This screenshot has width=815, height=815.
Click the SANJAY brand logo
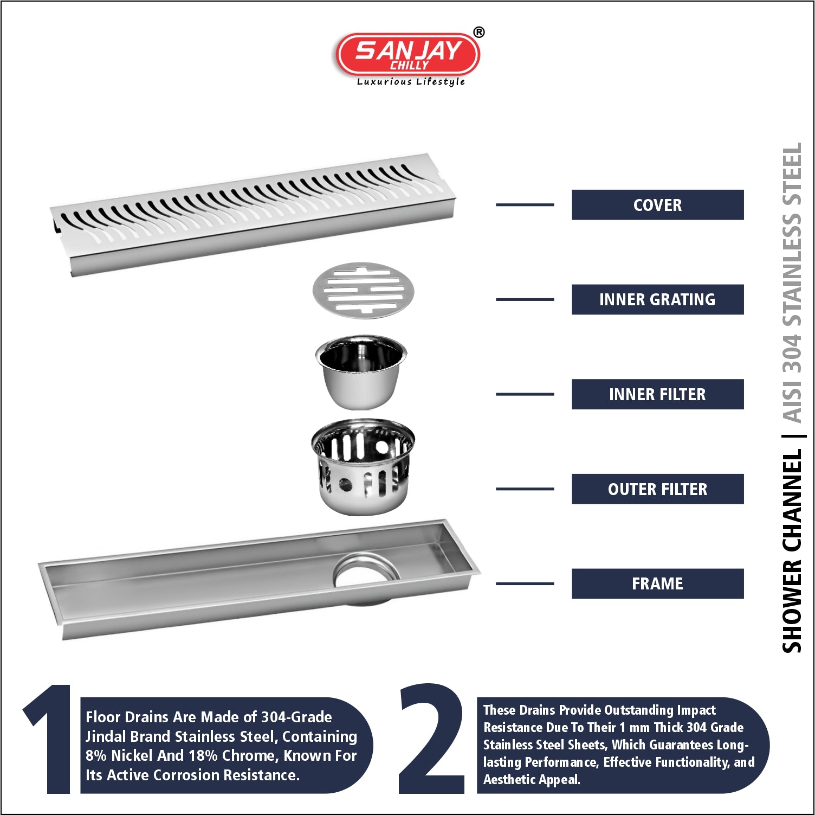click(407, 54)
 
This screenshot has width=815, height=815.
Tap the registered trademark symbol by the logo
click(479, 33)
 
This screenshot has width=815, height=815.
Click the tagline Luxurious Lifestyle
click(411, 82)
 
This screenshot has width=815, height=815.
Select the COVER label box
click(657, 205)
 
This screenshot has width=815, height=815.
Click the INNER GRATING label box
click(657, 299)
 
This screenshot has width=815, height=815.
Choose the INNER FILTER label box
click(657, 394)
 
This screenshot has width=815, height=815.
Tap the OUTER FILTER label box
click(657, 489)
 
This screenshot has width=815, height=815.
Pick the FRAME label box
click(657, 583)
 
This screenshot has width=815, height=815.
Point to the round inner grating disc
click(363, 291)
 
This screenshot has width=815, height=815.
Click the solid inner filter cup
click(361, 372)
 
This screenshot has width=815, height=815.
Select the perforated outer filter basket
click(363, 466)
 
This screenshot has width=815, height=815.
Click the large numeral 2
click(431, 739)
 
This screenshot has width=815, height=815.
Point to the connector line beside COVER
click(525, 205)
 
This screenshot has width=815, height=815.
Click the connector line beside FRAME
click(525, 583)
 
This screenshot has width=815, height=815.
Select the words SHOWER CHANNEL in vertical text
click(792, 551)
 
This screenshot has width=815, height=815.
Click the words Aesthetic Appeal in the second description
click(532, 780)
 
